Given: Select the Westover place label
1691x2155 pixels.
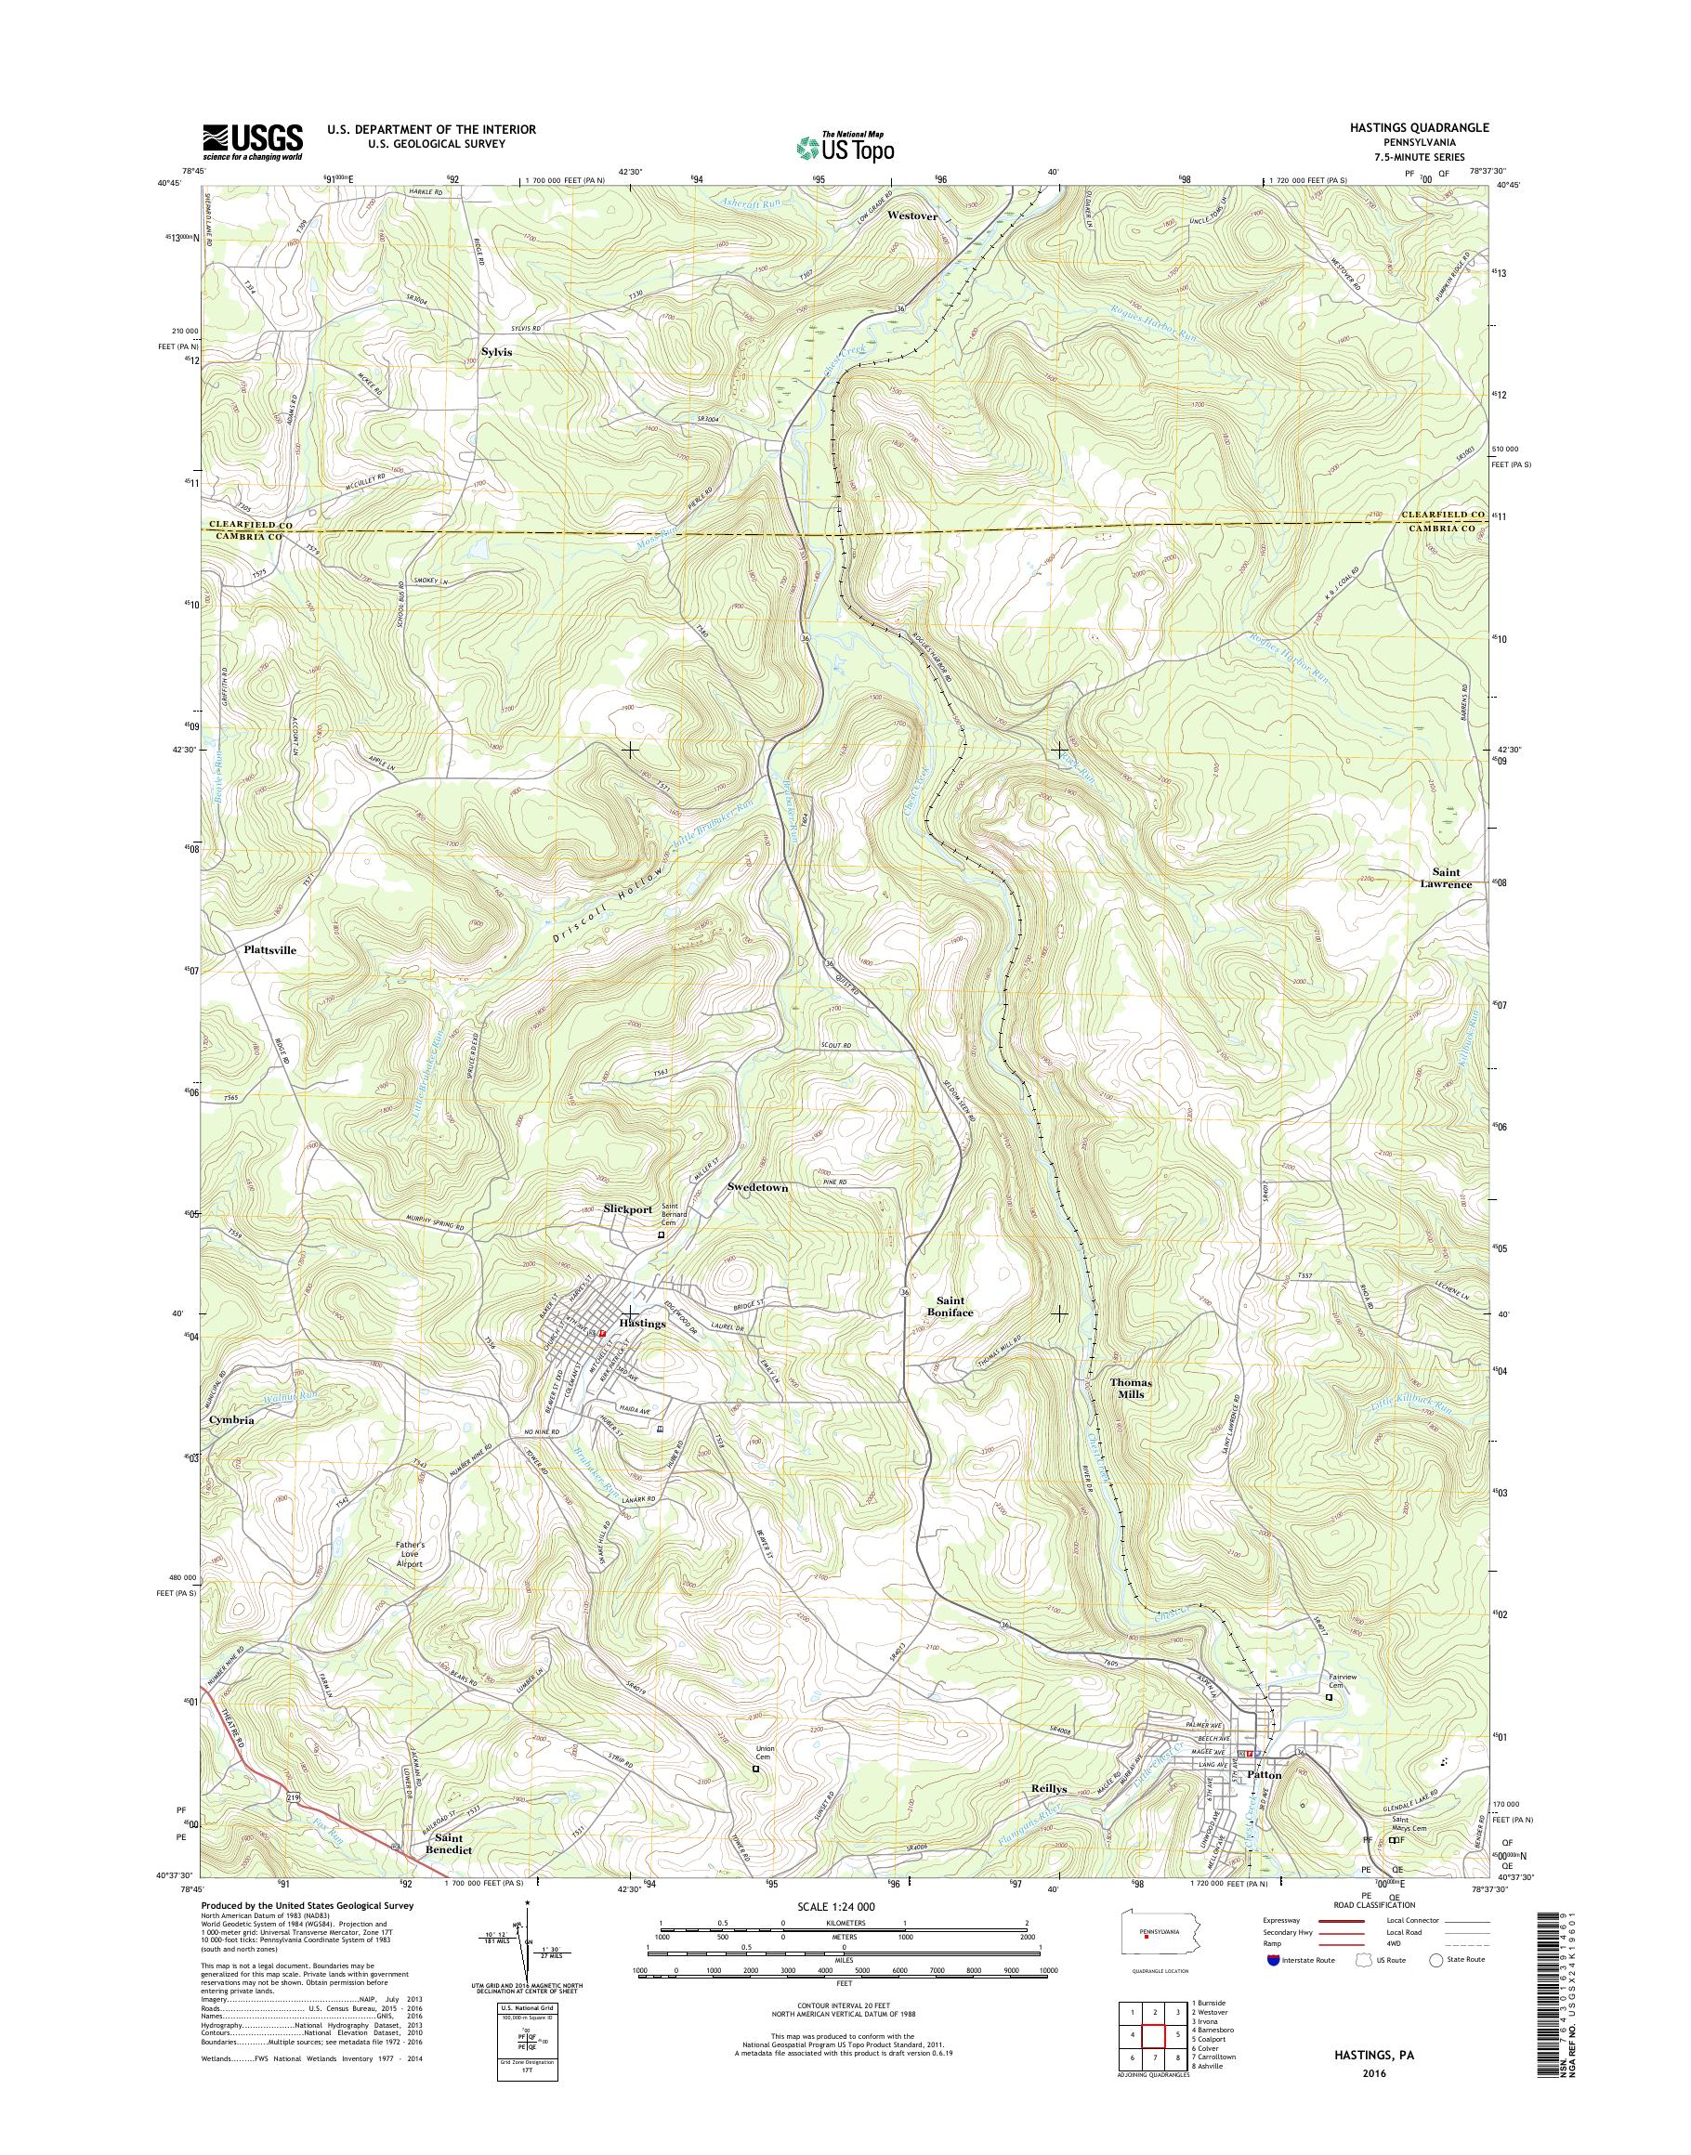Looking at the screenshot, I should pos(911,215).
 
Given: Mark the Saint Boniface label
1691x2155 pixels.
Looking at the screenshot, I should pos(954,1307).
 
